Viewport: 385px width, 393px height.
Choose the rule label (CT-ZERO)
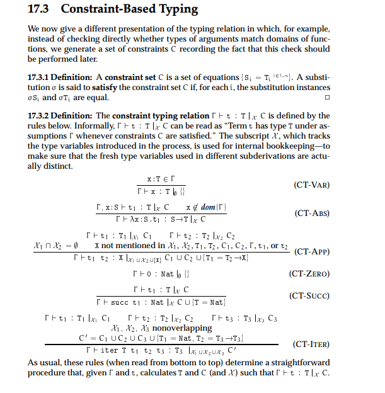tap(309, 274)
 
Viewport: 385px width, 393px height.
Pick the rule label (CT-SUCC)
tap(309, 295)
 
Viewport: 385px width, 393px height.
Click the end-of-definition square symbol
tap(326, 98)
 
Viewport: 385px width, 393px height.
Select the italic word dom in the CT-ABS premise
tap(209, 207)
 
